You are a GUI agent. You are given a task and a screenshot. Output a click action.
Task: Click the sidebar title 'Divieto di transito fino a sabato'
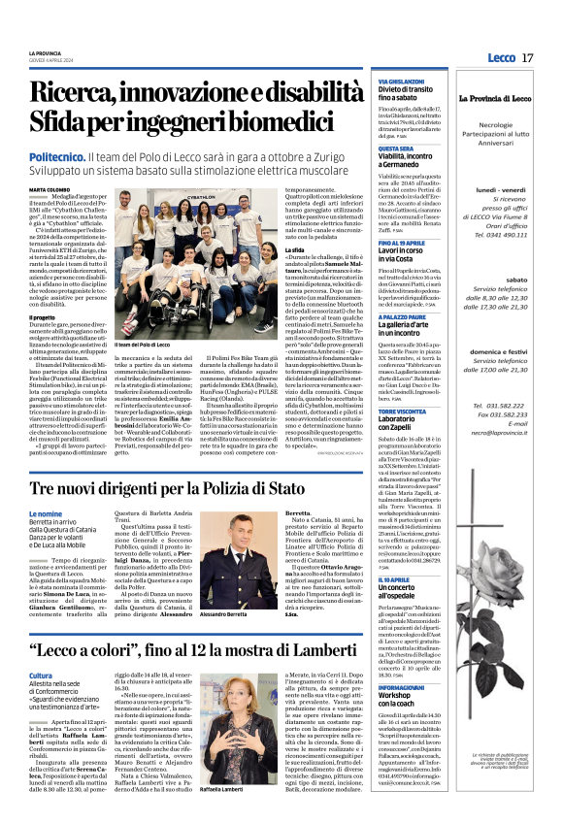click(x=402, y=94)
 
